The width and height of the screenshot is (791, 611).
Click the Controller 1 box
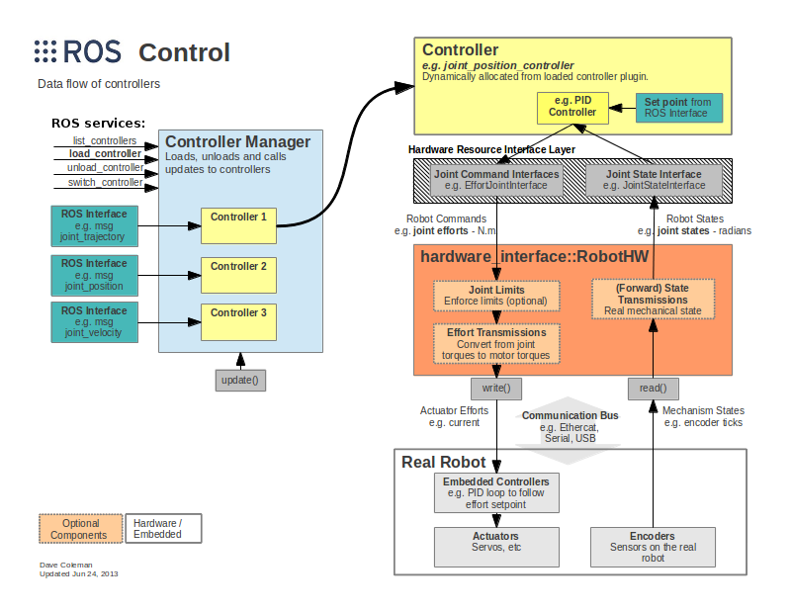pyautogui.click(x=238, y=225)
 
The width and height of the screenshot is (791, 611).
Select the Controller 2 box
pyautogui.click(x=238, y=274)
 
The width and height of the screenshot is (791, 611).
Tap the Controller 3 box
pyautogui.click(x=238, y=320)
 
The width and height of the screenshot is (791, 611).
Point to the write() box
pyautogui.click(x=496, y=388)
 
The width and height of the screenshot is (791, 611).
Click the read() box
pyautogui.click(x=653, y=388)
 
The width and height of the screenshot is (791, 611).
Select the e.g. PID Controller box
pyautogui.click(x=572, y=107)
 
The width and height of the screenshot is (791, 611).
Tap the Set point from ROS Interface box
pyautogui.click(x=677, y=108)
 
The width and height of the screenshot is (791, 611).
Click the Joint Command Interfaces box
pyautogui.click(x=496, y=180)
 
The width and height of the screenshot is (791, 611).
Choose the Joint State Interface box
pyautogui.click(x=652, y=180)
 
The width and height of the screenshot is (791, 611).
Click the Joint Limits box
pyautogui.click(x=496, y=296)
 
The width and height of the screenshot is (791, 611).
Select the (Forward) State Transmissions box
pyautogui.click(x=653, y=299)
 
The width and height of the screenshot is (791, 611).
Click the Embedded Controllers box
pyautogui.click(x=496, y=492)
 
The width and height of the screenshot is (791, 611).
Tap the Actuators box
pyautogui.click(x=496, y=545)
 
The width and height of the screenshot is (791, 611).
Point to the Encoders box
pyautogui.click(x=653, y=545)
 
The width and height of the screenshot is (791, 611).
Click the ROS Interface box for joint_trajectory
pyautogui.click(x=94, y=225)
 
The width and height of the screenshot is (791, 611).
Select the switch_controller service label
pyautogui.click(x=105, y=183)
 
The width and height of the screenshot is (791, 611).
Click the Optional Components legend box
pyautogui.click(x=81, y=529)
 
